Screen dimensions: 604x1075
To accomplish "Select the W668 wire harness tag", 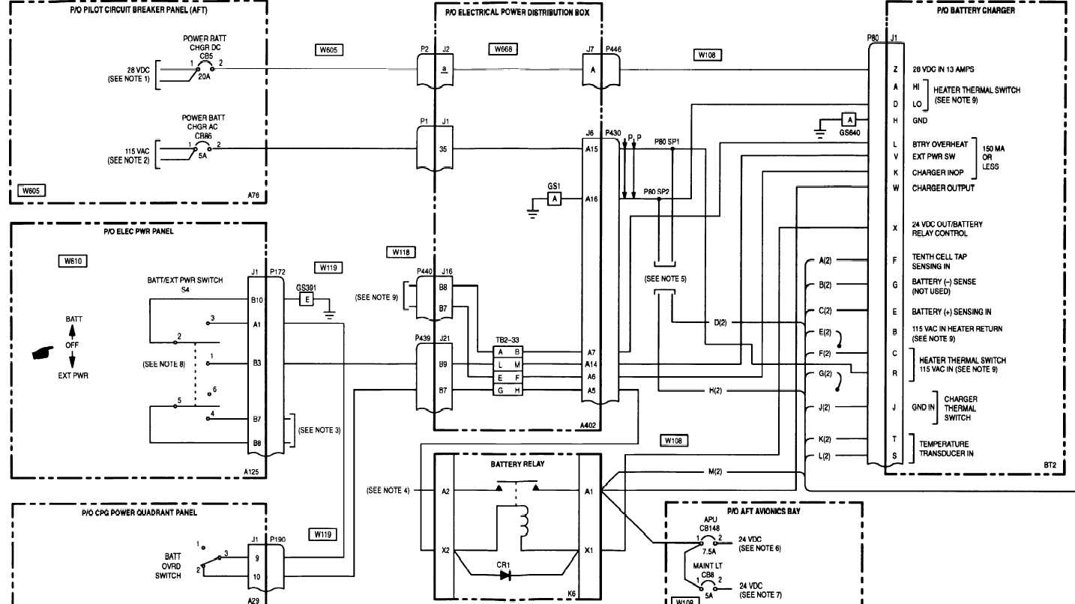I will click(x=502, y=49).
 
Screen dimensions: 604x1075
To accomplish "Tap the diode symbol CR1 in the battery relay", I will click(x=505, y=575).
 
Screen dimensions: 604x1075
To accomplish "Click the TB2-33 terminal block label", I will click(x=508, y=339).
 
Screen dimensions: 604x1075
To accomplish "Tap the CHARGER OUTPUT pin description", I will click(x=942, y=188).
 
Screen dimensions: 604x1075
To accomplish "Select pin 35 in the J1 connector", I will click(x=444, y=148).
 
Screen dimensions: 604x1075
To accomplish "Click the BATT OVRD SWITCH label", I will click(x=172, y=566).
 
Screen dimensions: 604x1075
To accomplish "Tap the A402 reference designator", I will click(x=588, y=424).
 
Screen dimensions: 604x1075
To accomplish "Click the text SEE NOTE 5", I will click(x=665, y=279).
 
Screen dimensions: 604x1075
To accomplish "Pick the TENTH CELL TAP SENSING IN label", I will click(x=939, y=261).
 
